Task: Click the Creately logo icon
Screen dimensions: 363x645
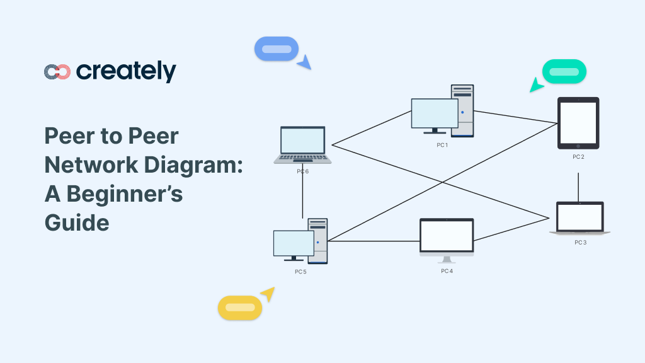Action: [57, 72]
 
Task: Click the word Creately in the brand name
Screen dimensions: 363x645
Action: [126, 72]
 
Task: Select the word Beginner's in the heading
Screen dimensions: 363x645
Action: [125, 193]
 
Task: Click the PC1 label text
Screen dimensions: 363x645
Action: [442, 145]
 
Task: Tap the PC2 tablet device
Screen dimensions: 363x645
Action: [578, 122]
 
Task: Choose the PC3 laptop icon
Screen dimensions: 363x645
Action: [579, 218]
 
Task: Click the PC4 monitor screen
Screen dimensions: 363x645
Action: [447, 236]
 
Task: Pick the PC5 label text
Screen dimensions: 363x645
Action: [300, 272]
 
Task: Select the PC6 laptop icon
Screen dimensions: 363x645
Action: [303, 144]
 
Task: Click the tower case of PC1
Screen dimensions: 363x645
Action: [463, 110]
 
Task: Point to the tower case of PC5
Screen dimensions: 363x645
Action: [319, 241]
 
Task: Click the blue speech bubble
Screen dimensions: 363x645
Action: [276, 49]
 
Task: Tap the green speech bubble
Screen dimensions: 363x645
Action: [564, 71]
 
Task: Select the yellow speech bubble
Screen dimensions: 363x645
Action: [239, 308]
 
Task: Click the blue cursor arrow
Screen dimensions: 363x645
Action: [304, 62]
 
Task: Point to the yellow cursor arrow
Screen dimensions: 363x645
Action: [268, 294]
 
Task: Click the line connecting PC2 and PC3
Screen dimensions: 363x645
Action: [578, 187]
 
